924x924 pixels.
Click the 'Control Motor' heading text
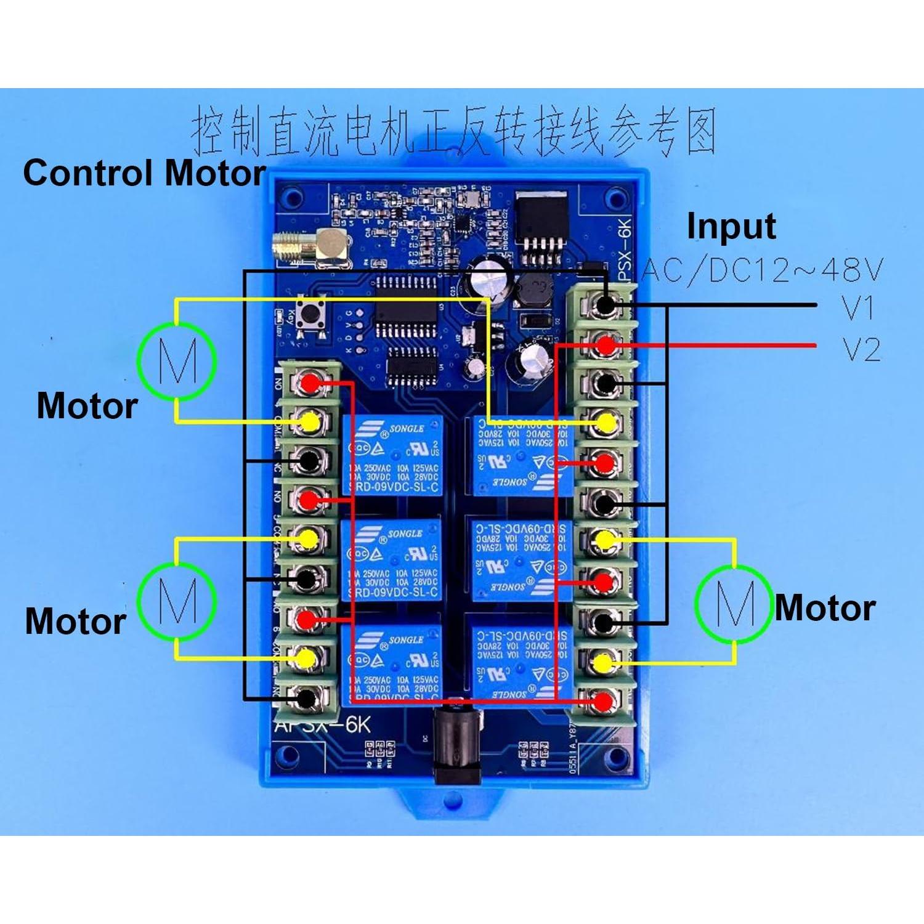click(x=144, y=173)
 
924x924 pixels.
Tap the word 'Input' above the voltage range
click(x=731, y=227)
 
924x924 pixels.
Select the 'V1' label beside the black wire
click(x=858, y=307)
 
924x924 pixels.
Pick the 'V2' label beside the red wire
click(x=861, y=349)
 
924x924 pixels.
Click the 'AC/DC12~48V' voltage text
click(x=763, y=270)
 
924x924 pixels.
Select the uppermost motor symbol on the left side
click(x=177, y=360)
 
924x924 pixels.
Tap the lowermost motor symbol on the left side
click(x=177, y=600)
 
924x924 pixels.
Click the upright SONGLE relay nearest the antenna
click(x=392, y=455)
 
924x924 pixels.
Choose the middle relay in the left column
click(x=392, y=560)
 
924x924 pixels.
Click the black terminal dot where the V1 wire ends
click(x=606, y=304)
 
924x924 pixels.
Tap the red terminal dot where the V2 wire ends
click(x=606, y=345)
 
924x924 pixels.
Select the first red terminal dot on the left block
click(x=310, y=384)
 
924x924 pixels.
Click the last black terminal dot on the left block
click(x=306, y=698)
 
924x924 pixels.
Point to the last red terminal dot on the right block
click(x=604, y=700)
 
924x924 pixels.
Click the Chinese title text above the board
click(x=454, y=131)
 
